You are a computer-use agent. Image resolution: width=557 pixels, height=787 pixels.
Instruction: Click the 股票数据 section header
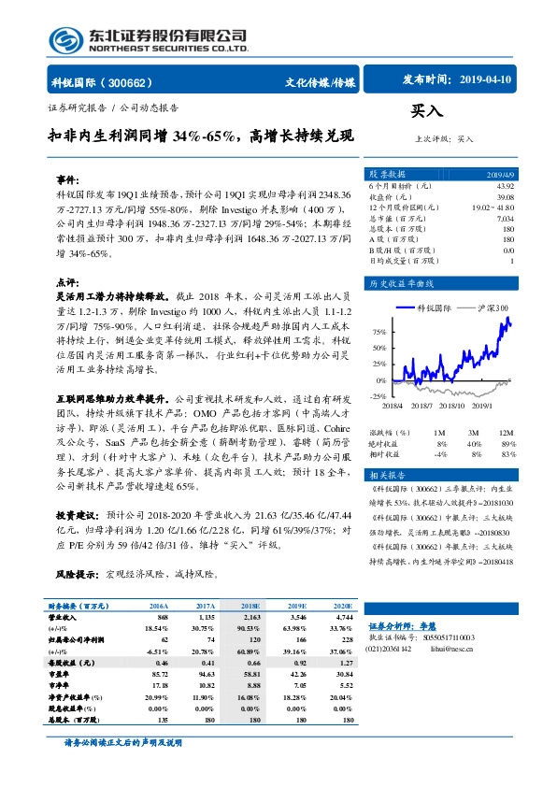tap(387, 173)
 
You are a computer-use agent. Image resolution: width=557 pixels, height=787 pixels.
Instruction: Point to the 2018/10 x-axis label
tap(451, 406)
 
